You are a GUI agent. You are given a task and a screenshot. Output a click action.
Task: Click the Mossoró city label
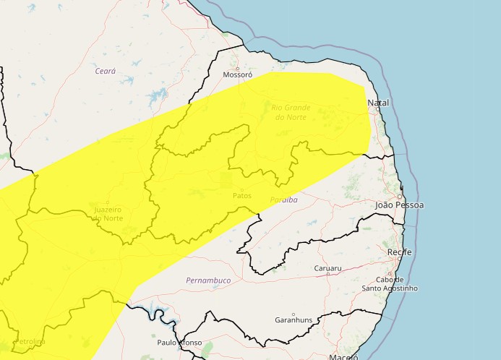pyautogui.click(x=237, y=75)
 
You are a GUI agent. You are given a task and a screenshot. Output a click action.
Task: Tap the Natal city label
pyautogui.click(x=378, y=103)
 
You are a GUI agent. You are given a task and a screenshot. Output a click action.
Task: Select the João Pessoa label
pyautogui.click(x=399, y=205)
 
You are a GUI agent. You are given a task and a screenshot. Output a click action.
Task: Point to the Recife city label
pyautogui.click(x=400, y=252)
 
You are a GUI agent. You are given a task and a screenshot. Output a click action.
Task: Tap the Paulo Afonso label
pyautogui.click(x=179, y=343)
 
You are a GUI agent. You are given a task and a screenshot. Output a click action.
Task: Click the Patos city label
pyautogui.click(x=242, y=196)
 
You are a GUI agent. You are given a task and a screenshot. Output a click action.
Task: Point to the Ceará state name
pyautogui.click(x=106, y=71)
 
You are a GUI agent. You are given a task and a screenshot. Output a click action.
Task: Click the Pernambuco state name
pyautogui.click(x=208, y=280)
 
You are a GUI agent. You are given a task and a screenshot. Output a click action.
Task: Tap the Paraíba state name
pyautogui.click(x=283, y=200)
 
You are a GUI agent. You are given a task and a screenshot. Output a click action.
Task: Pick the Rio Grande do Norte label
pyautogui.click(x=291, y=112)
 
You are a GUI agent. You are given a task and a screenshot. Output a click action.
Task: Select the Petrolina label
pyautogui.click(x=29, y=341)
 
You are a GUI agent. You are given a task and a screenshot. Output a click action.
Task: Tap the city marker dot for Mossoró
pyautogui.click(x=237, y=69)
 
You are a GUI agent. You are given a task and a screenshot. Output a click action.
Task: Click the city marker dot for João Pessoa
pyautogui.click(x=399, y=196)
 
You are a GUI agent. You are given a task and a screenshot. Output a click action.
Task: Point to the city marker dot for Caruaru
pyautogui.click(x=327, y=274)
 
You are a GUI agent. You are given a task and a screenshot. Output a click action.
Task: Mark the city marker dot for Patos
pyautogui.click(x=242, y=190)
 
